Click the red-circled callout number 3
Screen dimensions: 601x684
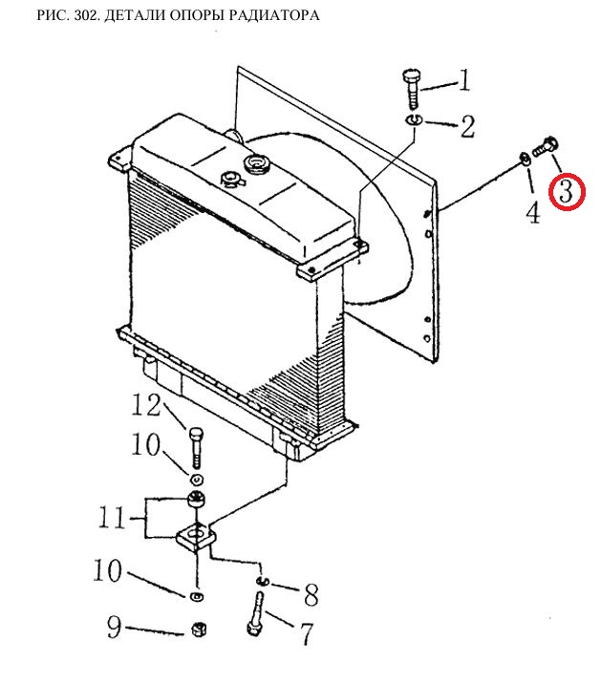point(567,191)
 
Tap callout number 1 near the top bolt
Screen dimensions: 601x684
point(464,80)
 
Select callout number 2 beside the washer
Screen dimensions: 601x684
point(467,126)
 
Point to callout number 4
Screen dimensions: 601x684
point(533,212)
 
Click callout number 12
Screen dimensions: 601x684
point(146,405)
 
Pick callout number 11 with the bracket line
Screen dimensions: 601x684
point(112,517)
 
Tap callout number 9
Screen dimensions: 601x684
point(114,627)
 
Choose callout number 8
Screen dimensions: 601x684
point(311,594)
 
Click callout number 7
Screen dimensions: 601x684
point(307,633)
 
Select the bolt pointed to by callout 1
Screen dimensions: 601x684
point(412,88)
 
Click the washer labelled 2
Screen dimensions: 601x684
point(414,119)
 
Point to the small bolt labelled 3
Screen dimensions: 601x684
point(545,146)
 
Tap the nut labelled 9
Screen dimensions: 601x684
point(199,629)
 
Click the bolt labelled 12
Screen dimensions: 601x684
point(196,448)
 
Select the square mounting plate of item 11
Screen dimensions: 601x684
point(197,537)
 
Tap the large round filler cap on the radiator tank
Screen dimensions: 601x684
point(258,164)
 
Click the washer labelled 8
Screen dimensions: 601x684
point(263,580)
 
